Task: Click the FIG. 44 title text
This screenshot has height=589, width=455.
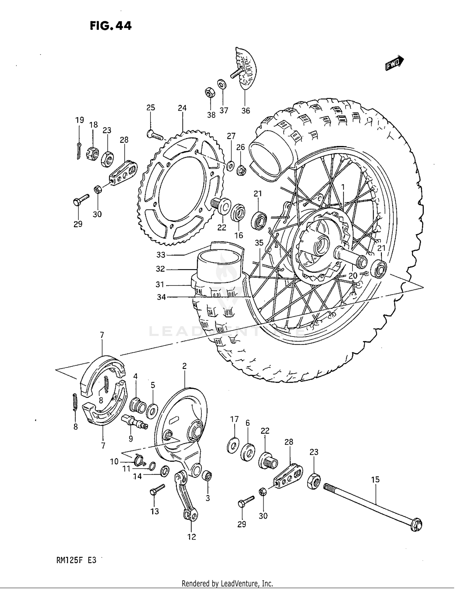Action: (111, 26)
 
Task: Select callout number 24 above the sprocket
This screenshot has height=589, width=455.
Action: (182, 108)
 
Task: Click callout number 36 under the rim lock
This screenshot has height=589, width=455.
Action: (246, 111)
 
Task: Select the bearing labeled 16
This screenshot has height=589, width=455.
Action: (238, 213)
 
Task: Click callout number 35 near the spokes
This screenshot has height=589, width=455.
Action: (259, 242)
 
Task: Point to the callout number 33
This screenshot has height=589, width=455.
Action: (161, 255)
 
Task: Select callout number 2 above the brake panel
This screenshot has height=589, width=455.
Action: (184, 366)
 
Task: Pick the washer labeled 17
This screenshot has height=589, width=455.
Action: (233, 446)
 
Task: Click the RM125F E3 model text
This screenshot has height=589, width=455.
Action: (76, 560)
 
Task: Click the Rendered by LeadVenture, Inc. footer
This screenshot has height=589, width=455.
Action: (227, 583)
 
